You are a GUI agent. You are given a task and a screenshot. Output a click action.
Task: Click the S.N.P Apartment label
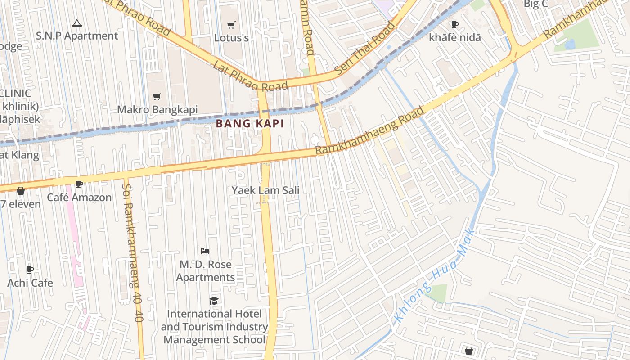[x=77, y=36]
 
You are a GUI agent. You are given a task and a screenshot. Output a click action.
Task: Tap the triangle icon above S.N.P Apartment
[x=77, y=23]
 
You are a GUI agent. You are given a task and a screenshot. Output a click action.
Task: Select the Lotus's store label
[x=231, y=38]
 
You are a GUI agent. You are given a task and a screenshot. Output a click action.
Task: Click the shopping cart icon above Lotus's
[x=231, y=25]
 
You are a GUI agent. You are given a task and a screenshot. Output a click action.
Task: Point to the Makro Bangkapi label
[x=157, y=110]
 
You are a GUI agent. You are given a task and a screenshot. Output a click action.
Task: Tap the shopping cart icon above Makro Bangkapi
[x=157, y=96]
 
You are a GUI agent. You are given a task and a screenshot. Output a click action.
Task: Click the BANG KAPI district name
[x=250, y=124]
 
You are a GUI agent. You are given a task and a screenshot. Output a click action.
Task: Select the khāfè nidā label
[x=455, y=37]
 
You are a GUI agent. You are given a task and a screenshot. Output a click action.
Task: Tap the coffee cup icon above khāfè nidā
[x=455, y=24]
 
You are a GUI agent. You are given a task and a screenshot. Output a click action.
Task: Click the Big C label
[x=535, y=4]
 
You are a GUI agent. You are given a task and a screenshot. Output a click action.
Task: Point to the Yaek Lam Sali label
[x=265, y=190]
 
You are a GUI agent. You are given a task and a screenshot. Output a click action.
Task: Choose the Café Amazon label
[x=79, y=198]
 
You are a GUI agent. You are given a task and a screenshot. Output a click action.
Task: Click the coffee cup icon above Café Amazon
[x=79, y=184]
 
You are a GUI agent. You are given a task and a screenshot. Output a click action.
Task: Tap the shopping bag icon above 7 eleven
[x=21, y=191]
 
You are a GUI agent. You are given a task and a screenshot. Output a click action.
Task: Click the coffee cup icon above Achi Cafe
[x=30, y=270]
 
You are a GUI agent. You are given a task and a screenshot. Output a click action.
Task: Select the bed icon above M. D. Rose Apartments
[x=205, y=251]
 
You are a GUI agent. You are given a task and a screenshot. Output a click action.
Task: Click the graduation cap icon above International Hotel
[x=214, y=301]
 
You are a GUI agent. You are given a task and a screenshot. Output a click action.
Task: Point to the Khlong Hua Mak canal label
[x=434, y=276]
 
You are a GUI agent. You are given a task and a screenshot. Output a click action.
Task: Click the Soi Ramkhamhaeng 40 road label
[x=132, y=252]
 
